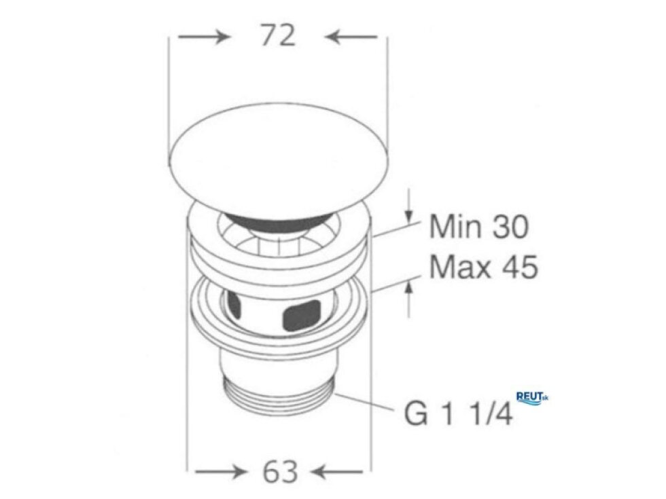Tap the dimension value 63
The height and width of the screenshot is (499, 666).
tap(280, 471)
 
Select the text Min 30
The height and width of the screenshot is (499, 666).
tap(479, 226)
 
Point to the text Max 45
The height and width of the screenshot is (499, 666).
tap(483, 267)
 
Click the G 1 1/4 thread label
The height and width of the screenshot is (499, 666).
tap(458, 413)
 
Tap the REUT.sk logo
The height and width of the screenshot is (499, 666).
tap(531, 398)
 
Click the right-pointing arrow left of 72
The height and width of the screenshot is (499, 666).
tap(204, 37)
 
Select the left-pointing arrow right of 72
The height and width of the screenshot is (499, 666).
tap(351, 37)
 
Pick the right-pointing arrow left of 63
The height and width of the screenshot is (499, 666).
tap(221, 471)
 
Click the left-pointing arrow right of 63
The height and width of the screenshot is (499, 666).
tap(337, 471)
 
